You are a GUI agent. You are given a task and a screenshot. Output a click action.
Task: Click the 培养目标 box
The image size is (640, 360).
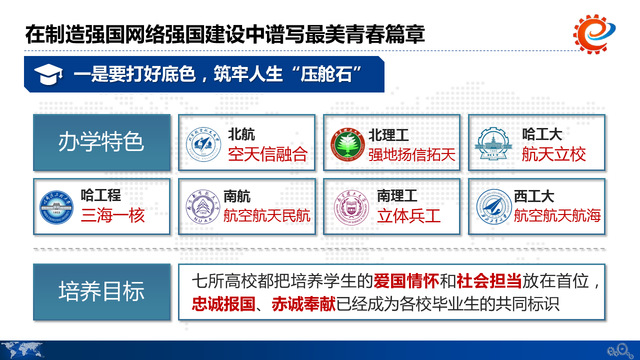pos(101,291)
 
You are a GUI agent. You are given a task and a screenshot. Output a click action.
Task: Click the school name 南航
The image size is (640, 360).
pos(239,195)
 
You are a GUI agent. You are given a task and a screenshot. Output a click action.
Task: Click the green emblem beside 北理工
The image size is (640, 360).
pos(347,144)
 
